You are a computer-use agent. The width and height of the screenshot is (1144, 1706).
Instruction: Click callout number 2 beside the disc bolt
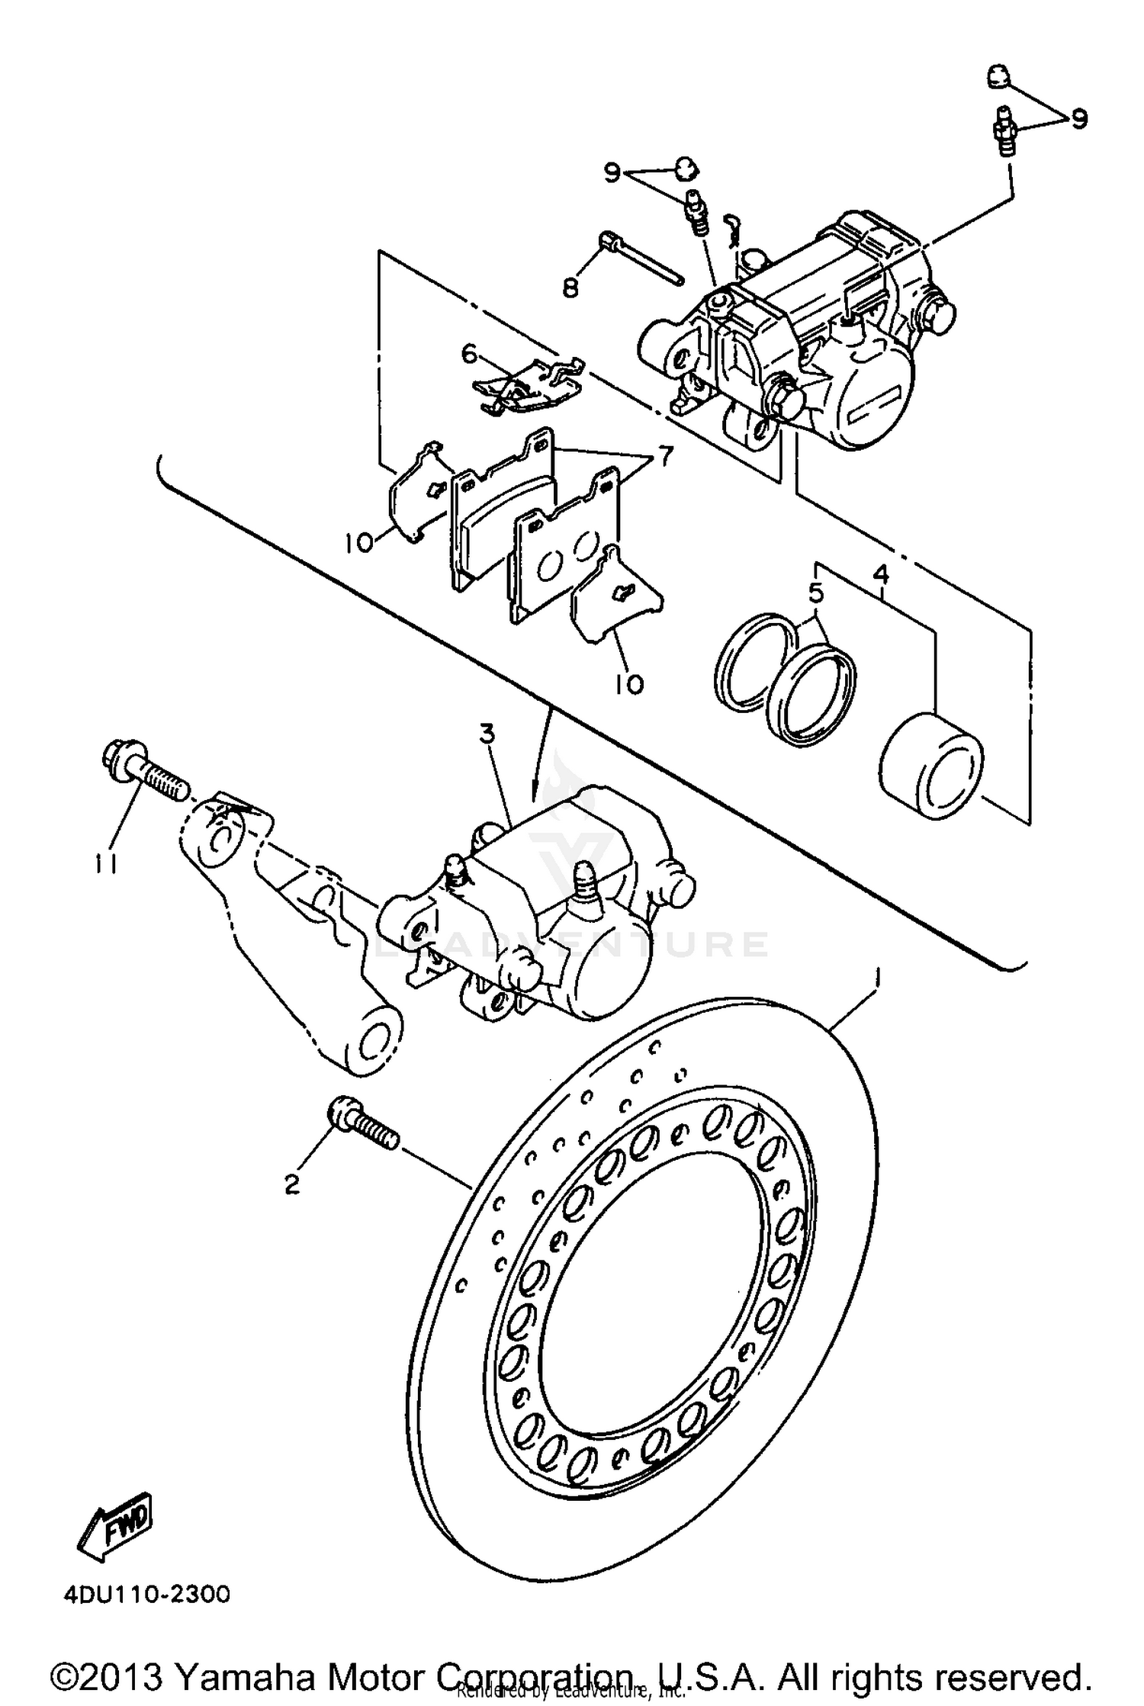[291, 1184]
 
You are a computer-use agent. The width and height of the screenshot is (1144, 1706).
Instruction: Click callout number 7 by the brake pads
[664, 457]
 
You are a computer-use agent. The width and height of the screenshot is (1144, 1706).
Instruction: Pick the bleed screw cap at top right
[999, 76]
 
